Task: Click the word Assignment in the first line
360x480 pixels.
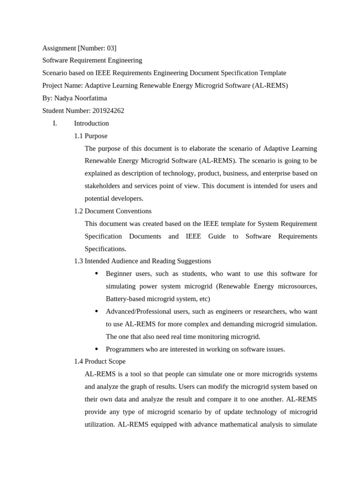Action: tap(59, 48)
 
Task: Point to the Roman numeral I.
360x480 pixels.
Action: tap(55, 124)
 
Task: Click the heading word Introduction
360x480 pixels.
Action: tap(91, 124)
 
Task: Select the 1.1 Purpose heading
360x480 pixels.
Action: tap(90, 136)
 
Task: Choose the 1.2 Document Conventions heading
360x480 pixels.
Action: tap(112, 211)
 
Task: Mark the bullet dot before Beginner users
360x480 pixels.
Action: tap(97, 274)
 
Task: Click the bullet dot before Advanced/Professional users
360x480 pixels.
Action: tap(97, 311)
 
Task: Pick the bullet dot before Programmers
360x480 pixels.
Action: tap(97, 349)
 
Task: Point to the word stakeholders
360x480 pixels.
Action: tap(104, 186)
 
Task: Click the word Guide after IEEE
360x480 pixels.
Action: tap(217, 236)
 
